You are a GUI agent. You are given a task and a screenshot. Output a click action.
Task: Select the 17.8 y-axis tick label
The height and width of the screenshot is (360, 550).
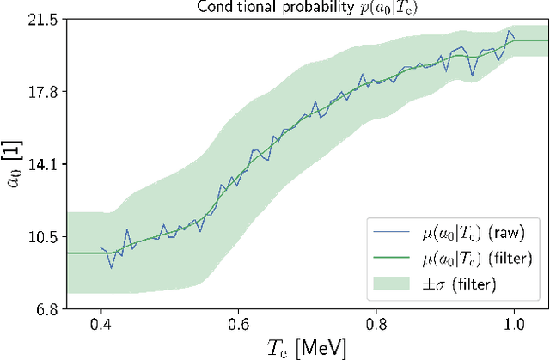pos(44,92)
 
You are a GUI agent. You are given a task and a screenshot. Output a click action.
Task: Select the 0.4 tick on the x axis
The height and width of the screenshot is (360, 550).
pos(101,326)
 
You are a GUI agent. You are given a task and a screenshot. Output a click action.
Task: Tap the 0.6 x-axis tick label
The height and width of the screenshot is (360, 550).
pos(238,326)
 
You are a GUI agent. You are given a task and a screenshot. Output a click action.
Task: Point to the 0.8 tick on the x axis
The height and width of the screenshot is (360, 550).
pos(376,326)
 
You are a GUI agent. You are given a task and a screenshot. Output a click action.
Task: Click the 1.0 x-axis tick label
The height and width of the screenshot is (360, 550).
pos(514,326)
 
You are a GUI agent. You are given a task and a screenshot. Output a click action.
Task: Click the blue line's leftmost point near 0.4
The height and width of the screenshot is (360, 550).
pos(101,247)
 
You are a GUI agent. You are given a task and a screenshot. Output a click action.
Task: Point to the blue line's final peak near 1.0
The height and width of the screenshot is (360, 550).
pos(510,32)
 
